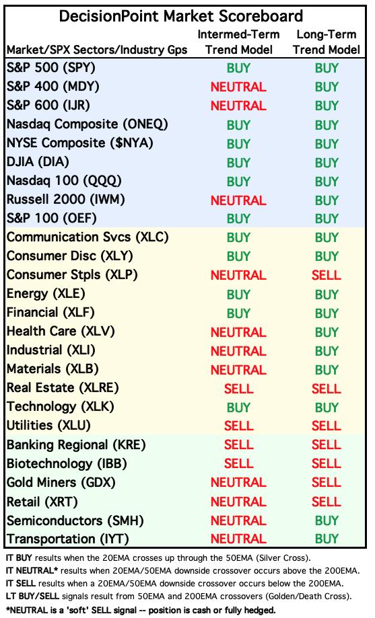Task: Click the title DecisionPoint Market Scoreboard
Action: click(x=181, y=16)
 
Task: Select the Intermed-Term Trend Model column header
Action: click(x=238, y=42)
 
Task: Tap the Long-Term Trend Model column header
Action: click(x=327, y=42)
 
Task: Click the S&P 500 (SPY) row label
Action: click(x=51, y=68)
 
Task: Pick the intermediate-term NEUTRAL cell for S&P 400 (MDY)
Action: click(x=238, y=87)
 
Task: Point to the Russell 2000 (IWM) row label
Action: click(x=65, y=200)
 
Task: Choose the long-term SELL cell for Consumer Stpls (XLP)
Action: click(x=326, y=275)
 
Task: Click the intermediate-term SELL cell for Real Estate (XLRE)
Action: click(x=238, y=389)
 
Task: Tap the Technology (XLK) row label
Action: click(x=61, y=406)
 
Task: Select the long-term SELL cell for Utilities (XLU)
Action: click(x=326, y=426)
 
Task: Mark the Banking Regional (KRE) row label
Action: click(x=76, y=445)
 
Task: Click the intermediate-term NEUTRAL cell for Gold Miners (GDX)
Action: click(x=238, y=482)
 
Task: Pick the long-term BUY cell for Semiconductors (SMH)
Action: click(x=327, y=520)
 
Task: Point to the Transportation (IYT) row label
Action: click(x=68, y=539)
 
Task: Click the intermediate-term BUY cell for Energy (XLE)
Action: click(x=238, y=295)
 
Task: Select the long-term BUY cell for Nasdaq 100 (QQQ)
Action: click(x=327, y=182)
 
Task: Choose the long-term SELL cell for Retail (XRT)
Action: click(x=326, y=502)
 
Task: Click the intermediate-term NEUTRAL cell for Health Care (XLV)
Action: click(x=238, y=332)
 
